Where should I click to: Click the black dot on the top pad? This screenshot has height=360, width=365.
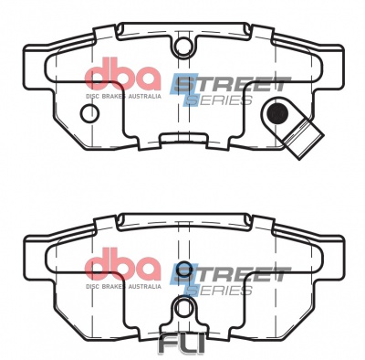coord(278,113)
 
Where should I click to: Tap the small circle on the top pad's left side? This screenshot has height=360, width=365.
coord(90,112)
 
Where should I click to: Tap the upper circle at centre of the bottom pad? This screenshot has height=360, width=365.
coord(183,269)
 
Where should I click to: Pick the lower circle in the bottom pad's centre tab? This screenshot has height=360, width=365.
coord(183,308)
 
